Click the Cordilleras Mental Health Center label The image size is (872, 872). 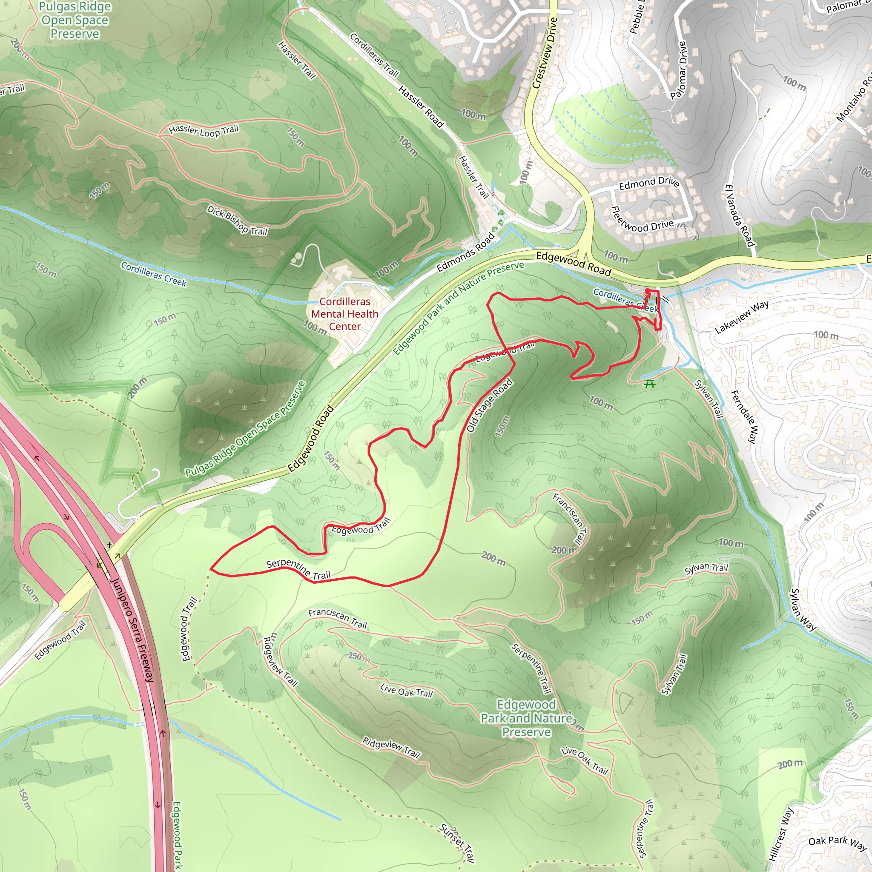[344, 314]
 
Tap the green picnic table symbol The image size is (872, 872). [649, 384]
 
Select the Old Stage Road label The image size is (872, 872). [489, 405]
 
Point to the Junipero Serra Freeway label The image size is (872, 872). [132, 630]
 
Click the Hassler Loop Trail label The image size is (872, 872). [204, 130]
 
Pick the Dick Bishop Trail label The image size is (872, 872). [238, 220]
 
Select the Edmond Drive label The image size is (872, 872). [648, 183]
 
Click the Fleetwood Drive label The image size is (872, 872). [642, 220]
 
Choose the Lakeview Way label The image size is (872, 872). [742, 316]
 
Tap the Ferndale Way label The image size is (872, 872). [743, 416]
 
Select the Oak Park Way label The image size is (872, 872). [837, 843]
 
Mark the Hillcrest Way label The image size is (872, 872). [781, 834]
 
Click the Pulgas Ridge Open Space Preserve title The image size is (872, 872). [75, 20]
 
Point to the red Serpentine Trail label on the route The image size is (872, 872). [298, 569]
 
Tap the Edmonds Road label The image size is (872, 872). [466, 252]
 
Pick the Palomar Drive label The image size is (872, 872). [678, 70]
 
